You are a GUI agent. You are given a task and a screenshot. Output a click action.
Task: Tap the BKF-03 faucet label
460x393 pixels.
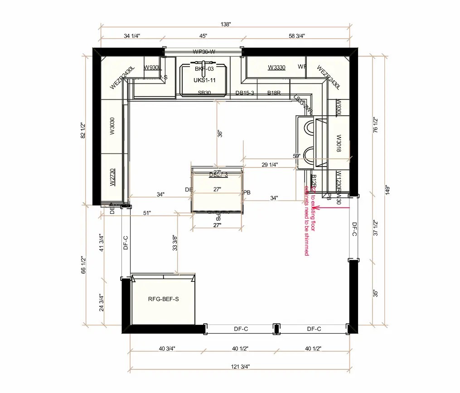(203, 69)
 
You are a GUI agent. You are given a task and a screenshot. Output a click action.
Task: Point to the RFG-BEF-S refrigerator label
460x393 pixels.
(163, 299)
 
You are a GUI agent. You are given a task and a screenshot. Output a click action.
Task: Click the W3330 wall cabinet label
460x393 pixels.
(276, 68)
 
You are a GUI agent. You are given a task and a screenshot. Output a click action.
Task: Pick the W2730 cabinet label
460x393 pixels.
(112, 177)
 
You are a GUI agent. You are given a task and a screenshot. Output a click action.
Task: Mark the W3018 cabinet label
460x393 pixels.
(338, 143)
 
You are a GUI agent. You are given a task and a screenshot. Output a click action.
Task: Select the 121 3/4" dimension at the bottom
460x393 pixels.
(240, 366)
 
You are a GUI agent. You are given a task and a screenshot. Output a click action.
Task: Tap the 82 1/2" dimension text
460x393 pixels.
(83, 130)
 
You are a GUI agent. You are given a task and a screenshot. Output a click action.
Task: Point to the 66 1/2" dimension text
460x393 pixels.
(83, 265)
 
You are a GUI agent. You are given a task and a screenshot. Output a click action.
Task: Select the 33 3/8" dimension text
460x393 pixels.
(175, 243)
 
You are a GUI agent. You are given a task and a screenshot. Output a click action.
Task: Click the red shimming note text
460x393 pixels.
(310, 218)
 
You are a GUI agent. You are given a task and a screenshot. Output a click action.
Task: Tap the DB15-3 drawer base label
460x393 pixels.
(245, 93)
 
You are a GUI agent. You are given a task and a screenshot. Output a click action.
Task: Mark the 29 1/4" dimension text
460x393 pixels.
(270, 165)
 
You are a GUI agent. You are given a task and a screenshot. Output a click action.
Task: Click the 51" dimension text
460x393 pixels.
(146, 213)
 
